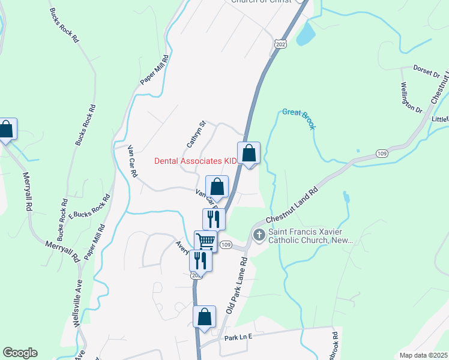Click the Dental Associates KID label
click(x=196, y=161)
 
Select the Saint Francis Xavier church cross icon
click(x=259, y=235)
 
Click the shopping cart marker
click(x=205, y=241)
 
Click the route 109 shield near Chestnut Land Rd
click(x=382, y=154)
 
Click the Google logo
click(x=20, y=353)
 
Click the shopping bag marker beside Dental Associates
click(x=249, y=153)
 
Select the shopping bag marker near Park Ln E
click(x=204, y=316)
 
